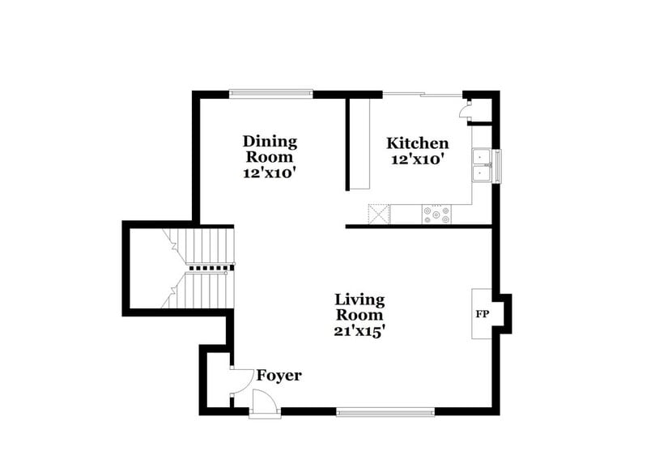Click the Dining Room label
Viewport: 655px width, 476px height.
270,149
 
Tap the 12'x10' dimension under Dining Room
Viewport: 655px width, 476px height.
270,172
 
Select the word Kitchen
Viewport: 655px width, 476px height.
417,142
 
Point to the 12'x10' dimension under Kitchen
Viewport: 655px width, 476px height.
417,159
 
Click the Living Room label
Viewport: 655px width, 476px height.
359,307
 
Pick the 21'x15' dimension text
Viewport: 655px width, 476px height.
359,330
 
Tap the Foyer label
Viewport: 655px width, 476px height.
279,376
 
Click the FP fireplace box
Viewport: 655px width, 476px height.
483,313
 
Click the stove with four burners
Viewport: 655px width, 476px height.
436,215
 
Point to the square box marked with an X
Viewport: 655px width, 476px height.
379,215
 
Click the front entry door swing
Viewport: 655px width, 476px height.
264,402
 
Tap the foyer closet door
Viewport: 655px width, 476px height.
240,380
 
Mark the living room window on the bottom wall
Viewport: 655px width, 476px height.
385,411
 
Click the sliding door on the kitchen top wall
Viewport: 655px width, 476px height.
421,95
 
